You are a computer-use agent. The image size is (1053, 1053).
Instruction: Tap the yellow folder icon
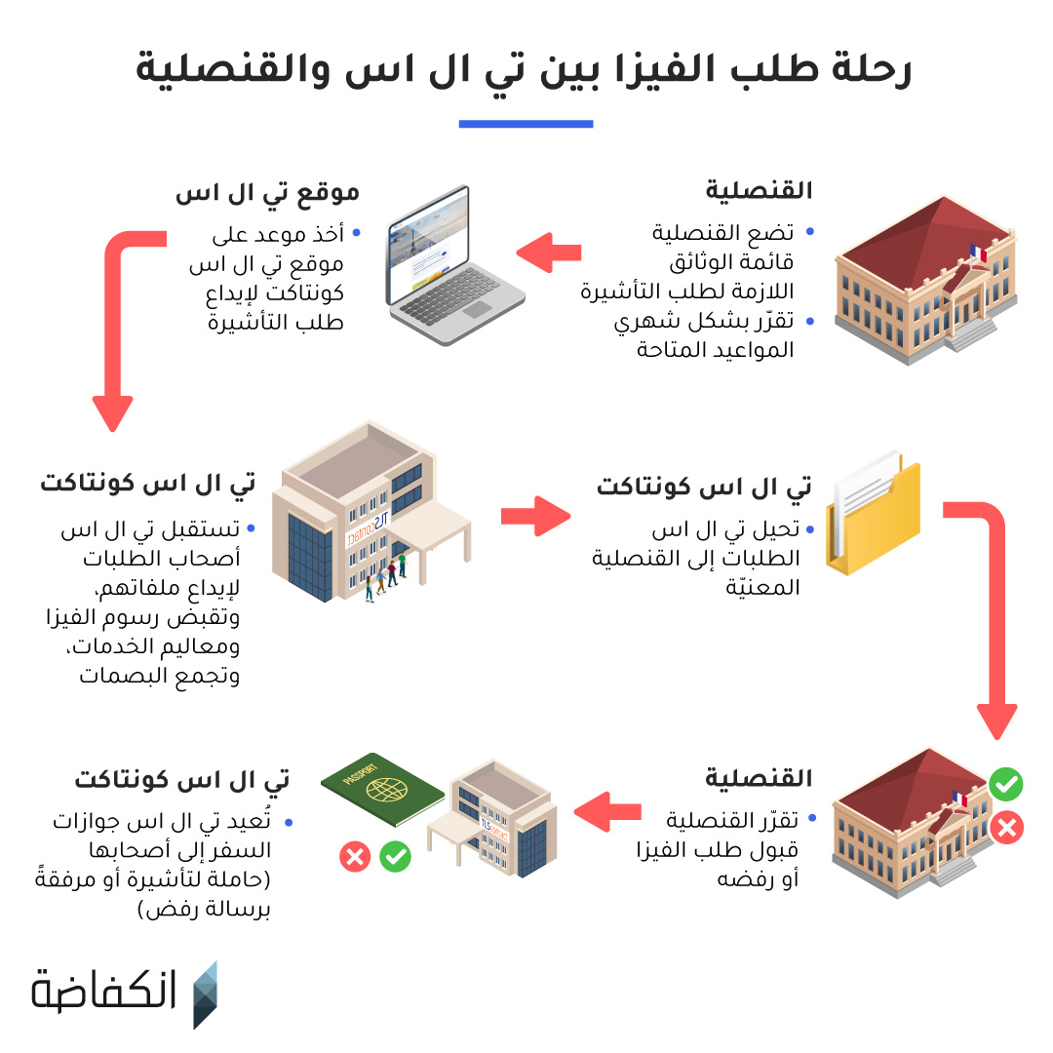[x=875, y=517]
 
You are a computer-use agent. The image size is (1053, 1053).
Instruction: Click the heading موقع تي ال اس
[x=267, y=192]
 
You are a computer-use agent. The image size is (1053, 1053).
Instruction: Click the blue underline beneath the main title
[x=526, y=124]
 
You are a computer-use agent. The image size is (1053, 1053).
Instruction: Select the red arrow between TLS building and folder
[x=535, y=516]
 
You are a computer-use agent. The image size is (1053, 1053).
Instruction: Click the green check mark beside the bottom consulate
[x=1005, y=783]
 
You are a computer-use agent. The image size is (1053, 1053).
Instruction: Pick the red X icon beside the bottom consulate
[x=1005, y=829]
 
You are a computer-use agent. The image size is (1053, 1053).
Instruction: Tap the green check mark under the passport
[x=395, y=857]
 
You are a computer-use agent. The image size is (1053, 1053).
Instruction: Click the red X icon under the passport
[x=354, y=857]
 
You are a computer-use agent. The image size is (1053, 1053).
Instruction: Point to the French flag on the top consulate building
[x=978, y=253]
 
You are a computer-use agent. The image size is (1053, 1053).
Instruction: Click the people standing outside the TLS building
[x=385, y=577]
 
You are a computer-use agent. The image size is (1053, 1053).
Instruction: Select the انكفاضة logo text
[x=104, y=992]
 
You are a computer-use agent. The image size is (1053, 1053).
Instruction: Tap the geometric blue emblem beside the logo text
[x=205, y=994]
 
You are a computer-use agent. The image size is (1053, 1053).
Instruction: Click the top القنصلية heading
[x=759, y=190]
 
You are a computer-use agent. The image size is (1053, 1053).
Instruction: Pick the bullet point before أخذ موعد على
[x=356, y=234]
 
